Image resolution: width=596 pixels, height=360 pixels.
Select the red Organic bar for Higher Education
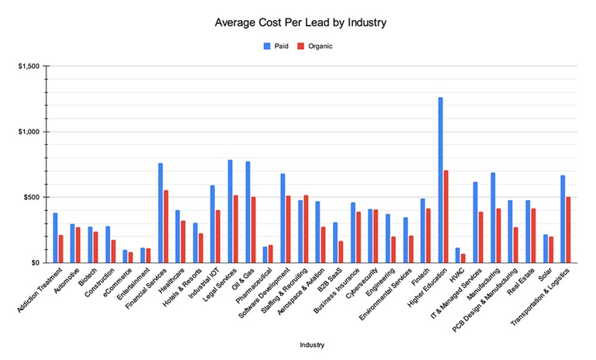coord(446,216)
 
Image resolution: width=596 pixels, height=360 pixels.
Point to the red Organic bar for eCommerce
coord(131,258)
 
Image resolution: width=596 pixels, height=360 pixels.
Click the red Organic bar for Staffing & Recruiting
coord(306,229)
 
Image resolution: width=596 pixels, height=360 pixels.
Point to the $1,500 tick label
coord(29,66)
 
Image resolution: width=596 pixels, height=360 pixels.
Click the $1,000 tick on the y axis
coord(29,132)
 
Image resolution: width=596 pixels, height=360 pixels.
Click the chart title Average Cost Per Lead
coord(300,22)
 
